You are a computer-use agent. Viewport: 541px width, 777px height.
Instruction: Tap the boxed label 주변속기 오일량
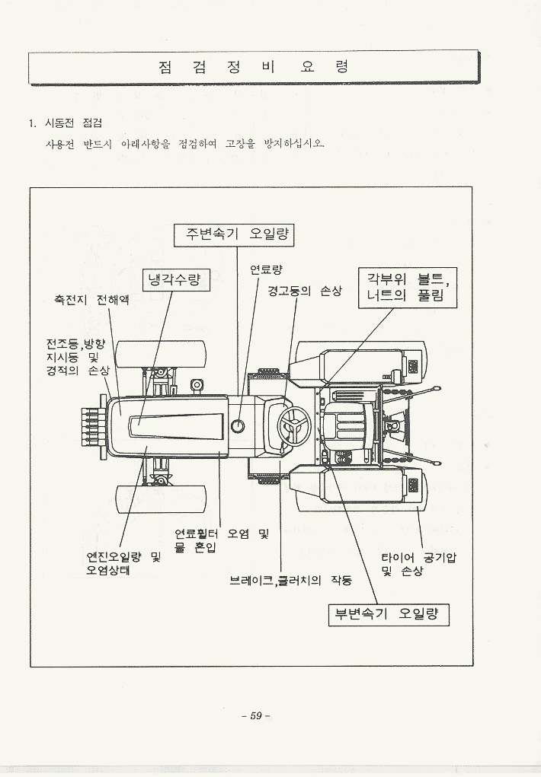[234, 234]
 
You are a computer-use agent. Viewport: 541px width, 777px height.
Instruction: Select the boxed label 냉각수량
[174, 280]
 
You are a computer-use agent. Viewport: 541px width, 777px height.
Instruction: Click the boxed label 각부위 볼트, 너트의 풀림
[407, 287]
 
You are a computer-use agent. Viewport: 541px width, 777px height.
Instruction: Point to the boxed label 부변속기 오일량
[388, 614]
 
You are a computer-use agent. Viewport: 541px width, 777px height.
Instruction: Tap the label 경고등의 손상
[304, 291]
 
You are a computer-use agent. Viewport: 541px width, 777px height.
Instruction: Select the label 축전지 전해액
[91, 300]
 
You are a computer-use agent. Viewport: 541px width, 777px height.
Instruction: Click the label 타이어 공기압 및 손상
[418, 564]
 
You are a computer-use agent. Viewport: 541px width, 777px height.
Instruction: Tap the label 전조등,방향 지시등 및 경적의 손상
[77, 357]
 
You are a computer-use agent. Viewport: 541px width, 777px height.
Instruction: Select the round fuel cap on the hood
[238, 425]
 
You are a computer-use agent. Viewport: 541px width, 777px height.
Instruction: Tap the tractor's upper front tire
[161, 354]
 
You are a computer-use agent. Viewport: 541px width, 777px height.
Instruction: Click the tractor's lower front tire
[161, 498]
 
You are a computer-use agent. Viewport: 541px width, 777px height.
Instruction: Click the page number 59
[255, 715]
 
